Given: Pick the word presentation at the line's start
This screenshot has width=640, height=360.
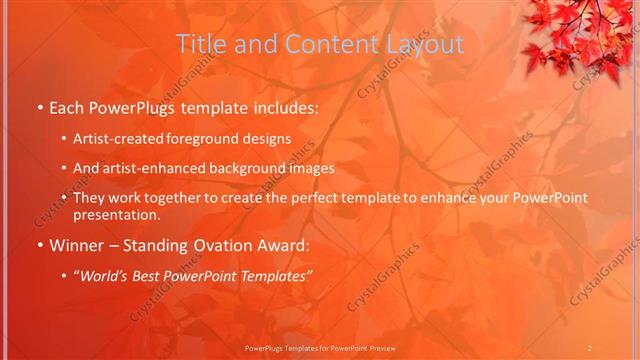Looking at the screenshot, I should click(x=116, y=214).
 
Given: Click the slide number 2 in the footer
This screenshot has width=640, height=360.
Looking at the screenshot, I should click(x=590, y=347).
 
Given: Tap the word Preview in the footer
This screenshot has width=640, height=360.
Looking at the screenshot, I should click(x=379, y=347).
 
